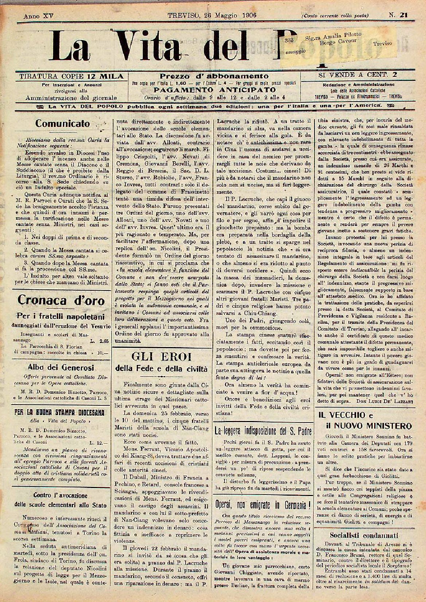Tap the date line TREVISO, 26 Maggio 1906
tap(212, 15)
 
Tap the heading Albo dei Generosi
tap(61, 367)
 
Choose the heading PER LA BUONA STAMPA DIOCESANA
tap(59, 413)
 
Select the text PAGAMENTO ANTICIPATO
tap(215, 90)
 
